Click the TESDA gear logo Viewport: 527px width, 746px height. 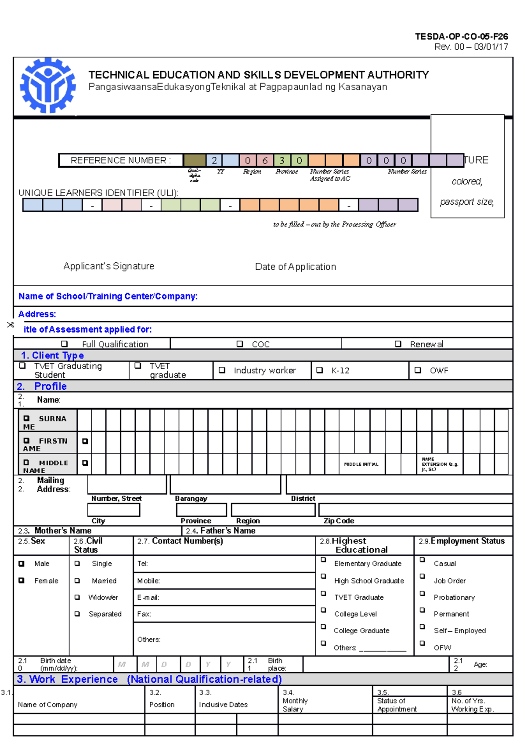click(x=47, y=86)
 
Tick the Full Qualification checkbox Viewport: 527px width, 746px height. click(x=65, y=344)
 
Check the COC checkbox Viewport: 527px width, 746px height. click(x=240, y=344)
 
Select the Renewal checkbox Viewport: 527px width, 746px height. click(x=398, y=344)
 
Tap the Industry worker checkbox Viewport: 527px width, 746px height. click(x=222, y=370)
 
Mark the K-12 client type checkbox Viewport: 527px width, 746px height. click(x=320, y=370)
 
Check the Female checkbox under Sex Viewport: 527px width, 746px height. click(x=22, y=580)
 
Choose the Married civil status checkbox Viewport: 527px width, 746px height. click(x=77, y=580)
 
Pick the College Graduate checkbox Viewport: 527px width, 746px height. click(x=324, y=627)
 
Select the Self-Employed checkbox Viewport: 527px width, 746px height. click(x=422, y=627)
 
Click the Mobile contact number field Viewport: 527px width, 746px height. click(x=224, y=581)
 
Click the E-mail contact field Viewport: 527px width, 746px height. click(x=224, y=598)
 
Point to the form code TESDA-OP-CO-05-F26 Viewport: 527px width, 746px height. click(x=462, y=36)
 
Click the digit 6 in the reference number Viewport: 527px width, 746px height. click(x=265, y=160)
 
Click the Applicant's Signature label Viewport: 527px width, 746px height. click(x=109, y=266)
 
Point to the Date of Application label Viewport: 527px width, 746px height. click(x=296, y=267)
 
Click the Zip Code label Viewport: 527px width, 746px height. click(x=339, y=521)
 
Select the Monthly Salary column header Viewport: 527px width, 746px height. click(x=295, y=701)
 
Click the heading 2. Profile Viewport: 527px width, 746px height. click(x=42, y=386)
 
